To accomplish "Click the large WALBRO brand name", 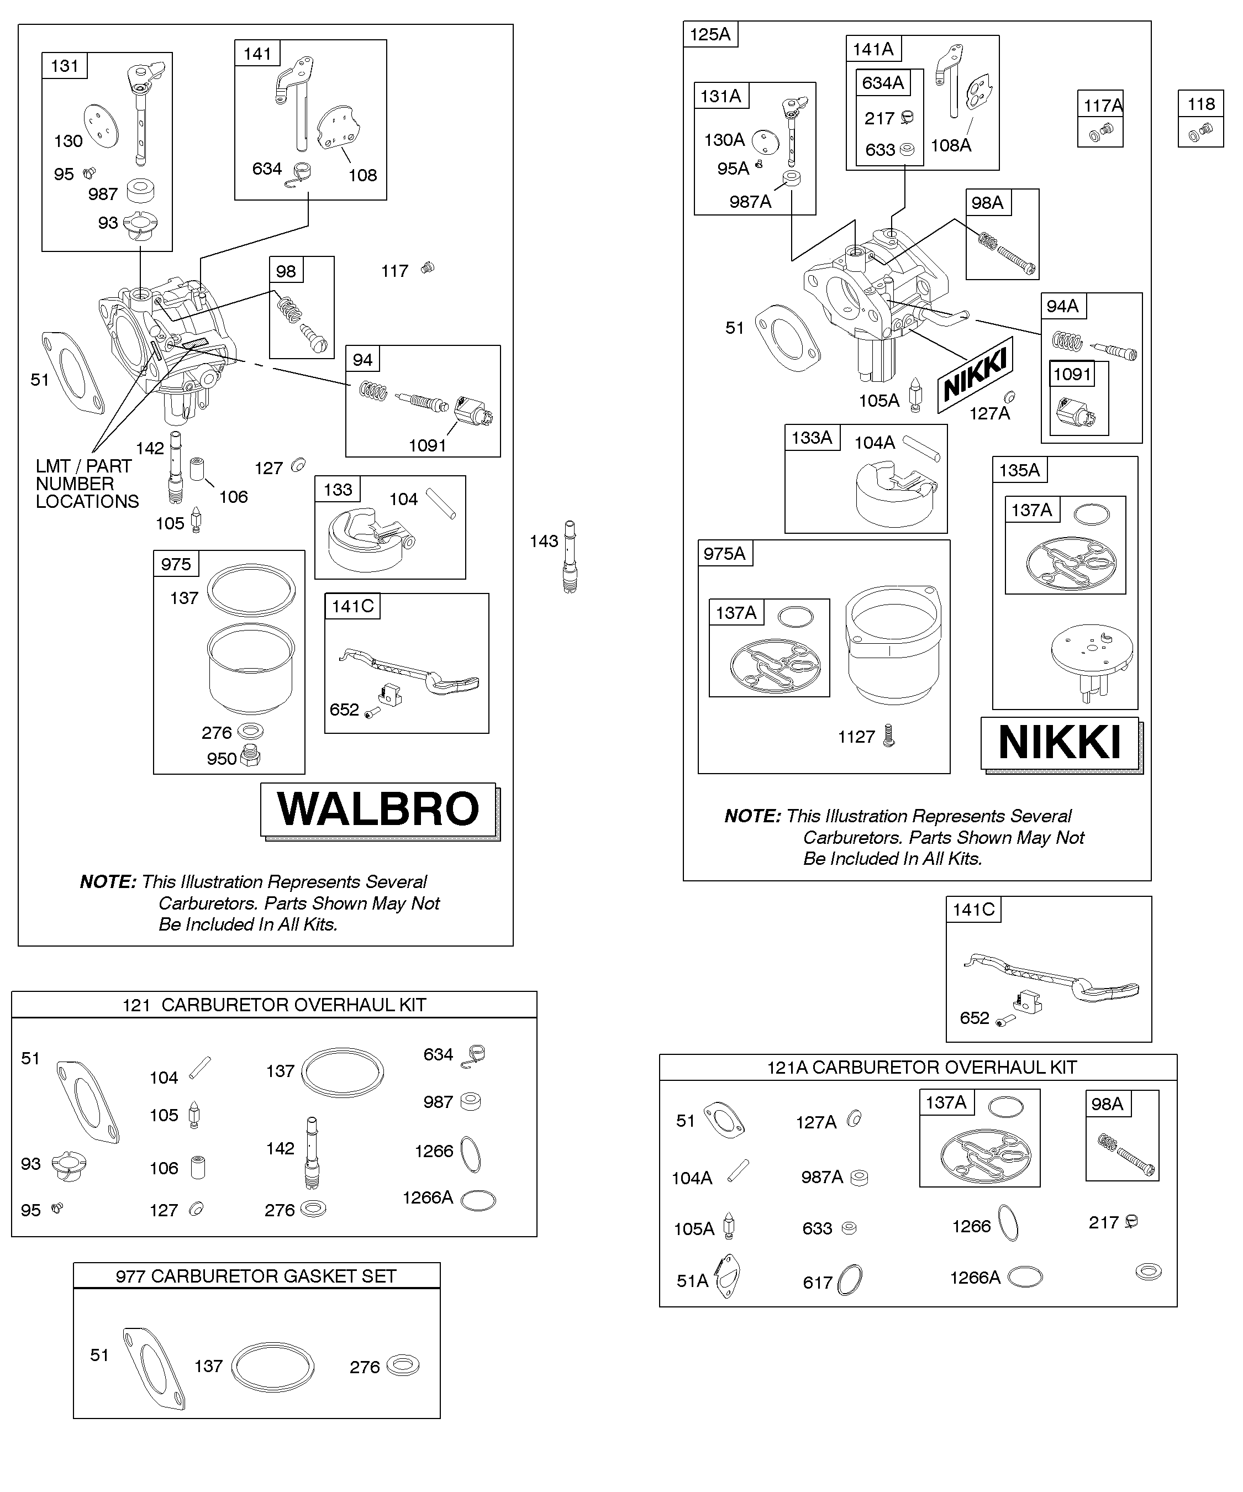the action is click(378, 808).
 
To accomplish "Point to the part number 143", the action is click(544, 542).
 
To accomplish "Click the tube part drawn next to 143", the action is click(570, 557).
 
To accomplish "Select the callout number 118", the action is click(1201, 104).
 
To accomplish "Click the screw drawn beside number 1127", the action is click(888, 734).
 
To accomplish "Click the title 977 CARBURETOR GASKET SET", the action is click(256, 1276).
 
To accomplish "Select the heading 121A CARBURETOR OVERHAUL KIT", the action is click(922, 1067).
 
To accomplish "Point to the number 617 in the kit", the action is click(817, 1283).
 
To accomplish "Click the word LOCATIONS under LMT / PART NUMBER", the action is click(87, 502).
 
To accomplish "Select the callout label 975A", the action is click(724, 554).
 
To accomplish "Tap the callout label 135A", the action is click(1019, 470).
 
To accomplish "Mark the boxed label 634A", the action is click(882, 82).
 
